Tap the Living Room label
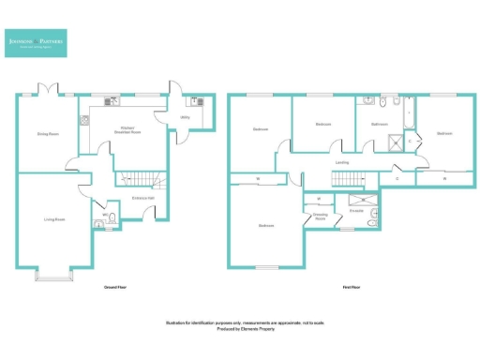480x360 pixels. [53, 219]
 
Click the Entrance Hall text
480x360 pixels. [142, 198]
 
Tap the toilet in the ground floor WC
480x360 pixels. [112, 219]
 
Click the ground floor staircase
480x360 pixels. [137, 178]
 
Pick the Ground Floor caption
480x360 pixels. [115, 288]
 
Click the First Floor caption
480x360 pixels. [352, 288]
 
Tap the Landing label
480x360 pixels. [342, 162]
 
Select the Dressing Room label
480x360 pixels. [319, 217]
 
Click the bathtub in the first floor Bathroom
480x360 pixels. [407, 112]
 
